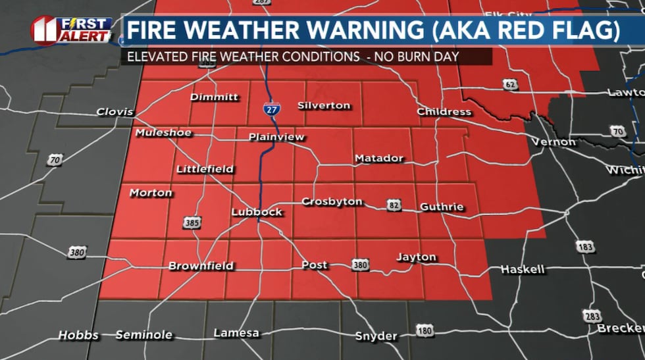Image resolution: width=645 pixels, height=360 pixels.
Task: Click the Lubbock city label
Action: [257, 212]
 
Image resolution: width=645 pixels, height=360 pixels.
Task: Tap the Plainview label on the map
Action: [276, 137]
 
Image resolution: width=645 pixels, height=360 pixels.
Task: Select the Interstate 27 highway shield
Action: [269, 109]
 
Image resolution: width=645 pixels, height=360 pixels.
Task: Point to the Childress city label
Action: [444, 111]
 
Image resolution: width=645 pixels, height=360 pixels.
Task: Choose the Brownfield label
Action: [201, 266]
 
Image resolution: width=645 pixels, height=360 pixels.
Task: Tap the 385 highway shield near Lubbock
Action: [192, 223]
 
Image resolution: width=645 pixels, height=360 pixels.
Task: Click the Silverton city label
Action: [324, 105]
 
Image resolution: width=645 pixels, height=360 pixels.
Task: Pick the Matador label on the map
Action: [378, 158]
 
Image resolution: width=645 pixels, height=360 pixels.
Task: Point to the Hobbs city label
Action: [78, 335]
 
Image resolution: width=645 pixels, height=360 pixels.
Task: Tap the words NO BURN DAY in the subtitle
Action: [416, 57]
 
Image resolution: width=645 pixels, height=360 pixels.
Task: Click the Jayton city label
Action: [416, 257]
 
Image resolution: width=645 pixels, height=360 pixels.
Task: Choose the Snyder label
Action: [376, 336]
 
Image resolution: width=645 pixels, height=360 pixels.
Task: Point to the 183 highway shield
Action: [584, 245]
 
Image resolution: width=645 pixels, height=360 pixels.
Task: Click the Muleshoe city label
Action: [163, 133]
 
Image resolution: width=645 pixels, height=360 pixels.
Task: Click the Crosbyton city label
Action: [332, 201]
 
